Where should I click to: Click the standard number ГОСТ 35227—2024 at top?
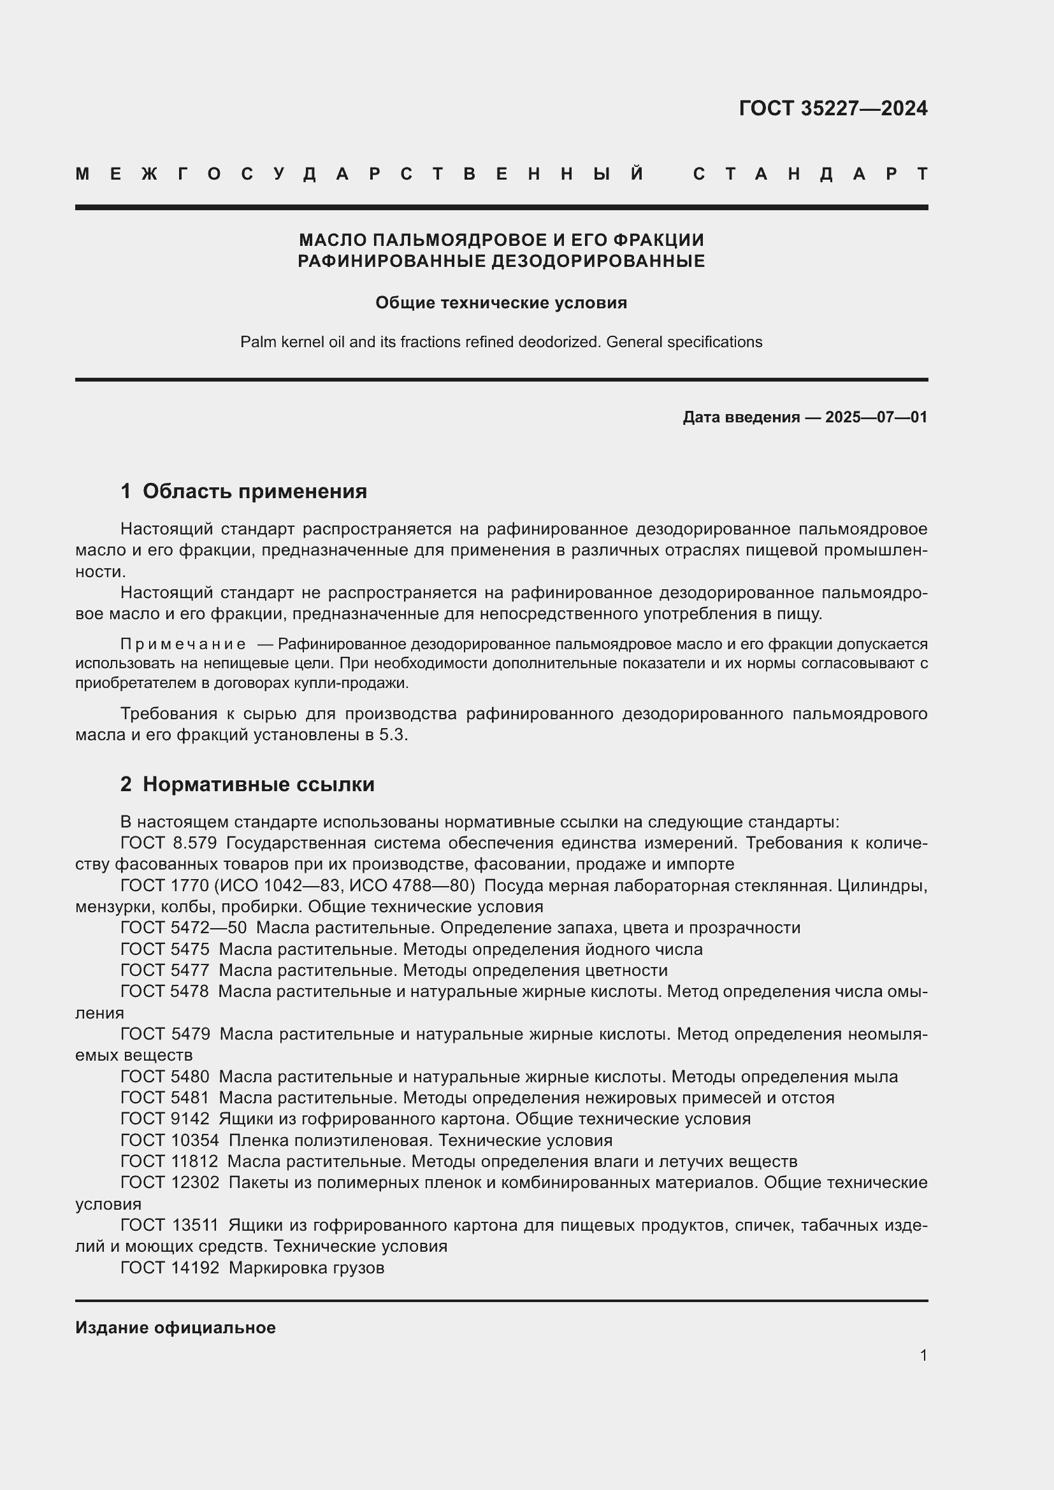point(833,108)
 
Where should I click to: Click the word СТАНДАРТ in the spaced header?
point(810,174)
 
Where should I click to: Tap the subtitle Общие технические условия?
point(501,303)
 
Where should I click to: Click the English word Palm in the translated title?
point(254,342)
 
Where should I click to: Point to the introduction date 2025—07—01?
point(876,417)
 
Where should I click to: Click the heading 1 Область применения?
point(243,491)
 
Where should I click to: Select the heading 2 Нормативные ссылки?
point(247,785)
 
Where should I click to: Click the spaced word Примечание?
point(183,645)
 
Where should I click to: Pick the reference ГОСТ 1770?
point(164,885)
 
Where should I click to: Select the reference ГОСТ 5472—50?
point(184,928)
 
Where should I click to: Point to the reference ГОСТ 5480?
point(165,1077)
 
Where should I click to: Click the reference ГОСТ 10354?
point(170,1140)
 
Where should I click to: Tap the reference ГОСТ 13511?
point(170,1225)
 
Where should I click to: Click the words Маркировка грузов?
point(307,1268)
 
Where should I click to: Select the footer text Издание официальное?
point(175,1328)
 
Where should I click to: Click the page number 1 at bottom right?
point(923,1355)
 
